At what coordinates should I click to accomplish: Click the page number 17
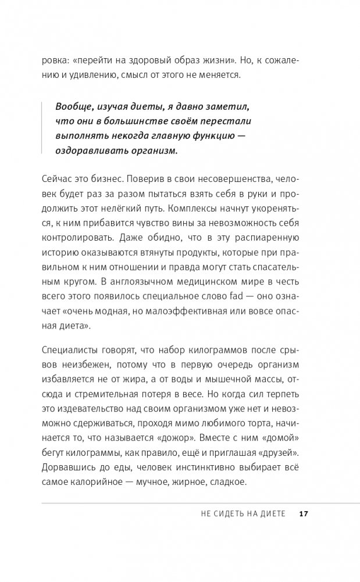point(304,514)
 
